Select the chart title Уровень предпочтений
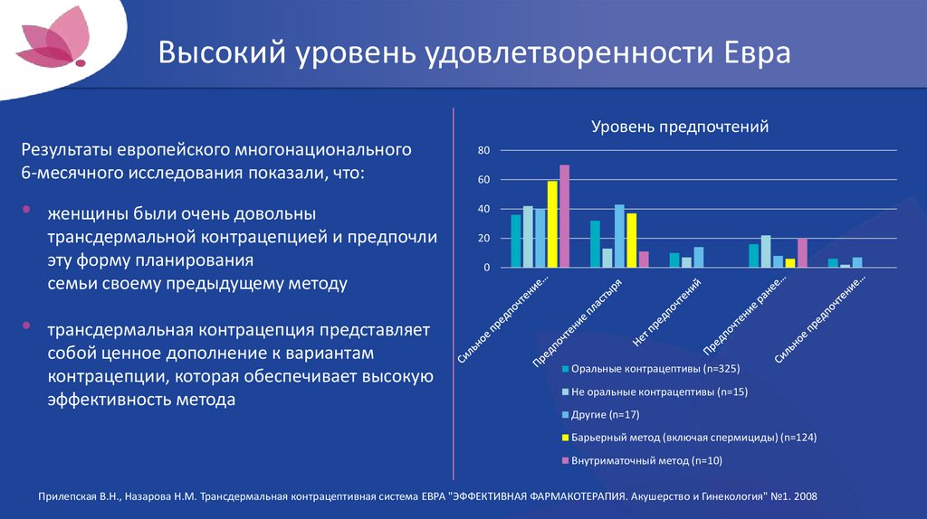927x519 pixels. click(680, 127)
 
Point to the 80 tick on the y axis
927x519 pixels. click(483, 150)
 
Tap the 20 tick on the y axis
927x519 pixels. click(483, 239)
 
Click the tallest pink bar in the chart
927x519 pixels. click(564, 216)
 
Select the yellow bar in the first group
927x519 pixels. click(552, 224)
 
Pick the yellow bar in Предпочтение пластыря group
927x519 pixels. click(632, 241)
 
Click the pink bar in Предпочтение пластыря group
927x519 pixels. click(644, 259)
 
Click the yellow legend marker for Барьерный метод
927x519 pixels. click(565, 439)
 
